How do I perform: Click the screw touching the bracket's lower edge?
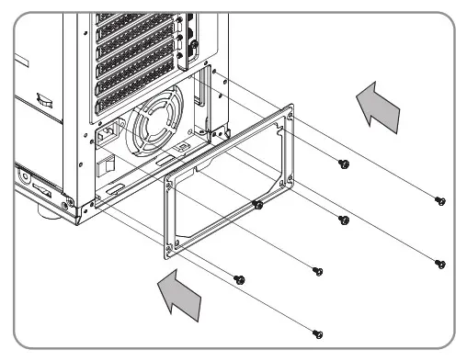pyautogui.click(x=259, y=202)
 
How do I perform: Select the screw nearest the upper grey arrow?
pyautogui.click(x=344, y=164)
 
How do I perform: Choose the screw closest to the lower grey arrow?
pyautogui.click(x=240, y=277)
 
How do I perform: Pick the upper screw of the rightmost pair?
pyautogui.click(x=440, y=200)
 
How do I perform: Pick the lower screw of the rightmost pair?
pyautogui.click(x=440, y=263)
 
